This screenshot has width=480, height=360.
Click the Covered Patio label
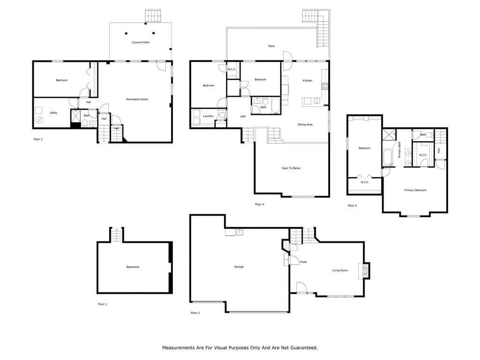click(141, 42)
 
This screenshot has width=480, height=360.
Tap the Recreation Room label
click(137, 99)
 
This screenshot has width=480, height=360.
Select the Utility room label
click(53, 113)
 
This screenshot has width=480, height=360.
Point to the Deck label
click(271, 46)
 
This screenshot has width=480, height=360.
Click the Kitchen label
click(307, 81)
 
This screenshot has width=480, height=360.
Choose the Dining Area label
click(305, 125)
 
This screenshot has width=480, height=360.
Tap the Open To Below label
click(291, 168)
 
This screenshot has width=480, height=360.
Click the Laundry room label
click(208, 116)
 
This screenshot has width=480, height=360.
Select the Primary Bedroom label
click(415, 190)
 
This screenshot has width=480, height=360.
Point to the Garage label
click(239, 267)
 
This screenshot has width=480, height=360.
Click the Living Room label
click(340, 270)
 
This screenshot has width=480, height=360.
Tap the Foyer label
click(303, 262)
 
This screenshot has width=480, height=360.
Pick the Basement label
click(133, 267)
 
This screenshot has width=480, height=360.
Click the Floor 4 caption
click(260, 204)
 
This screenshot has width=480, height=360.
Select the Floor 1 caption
click(102, 304)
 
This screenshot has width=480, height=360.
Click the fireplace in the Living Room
click(365, 270)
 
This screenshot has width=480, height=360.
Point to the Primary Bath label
click(399, 150)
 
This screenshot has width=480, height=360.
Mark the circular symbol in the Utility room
click(39, 120)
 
